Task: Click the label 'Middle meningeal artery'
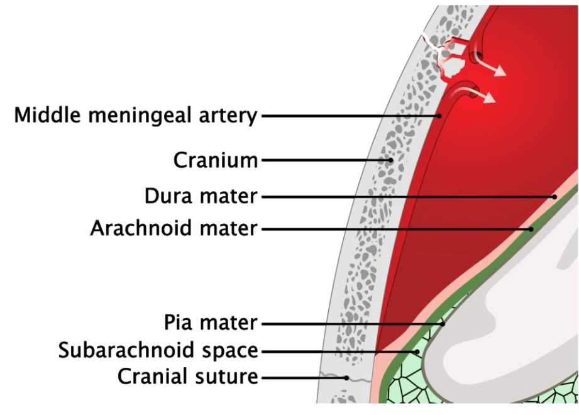pyautogui.click(x=136, y=115)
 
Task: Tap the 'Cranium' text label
pyautogui.click(x=216, y=160)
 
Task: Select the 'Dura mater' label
pyautogui.click(x=201, y=196)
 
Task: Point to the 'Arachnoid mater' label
pyautogui.click(x=174, y=228)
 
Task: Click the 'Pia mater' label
pyautogui.click(x=211, y=323)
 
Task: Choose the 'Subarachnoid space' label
pyautogui.click(x=158, y=350)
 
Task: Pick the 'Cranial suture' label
pyautogui.click(x=187, y=377)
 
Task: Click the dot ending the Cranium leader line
pyautogui.click(x=390, y=160)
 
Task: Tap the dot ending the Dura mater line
pyautogui.click(x=554, y=197)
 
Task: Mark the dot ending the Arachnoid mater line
pyautogui.click(x=531, y=229)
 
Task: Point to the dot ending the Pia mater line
pyautogui.click(x=443, y=324)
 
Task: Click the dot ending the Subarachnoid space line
pyautogui.click(x=417, y=351)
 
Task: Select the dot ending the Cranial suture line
pyautogui.click(x=346, y=378)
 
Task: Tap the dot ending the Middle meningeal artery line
pyautogui.click(x=439, y=116)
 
